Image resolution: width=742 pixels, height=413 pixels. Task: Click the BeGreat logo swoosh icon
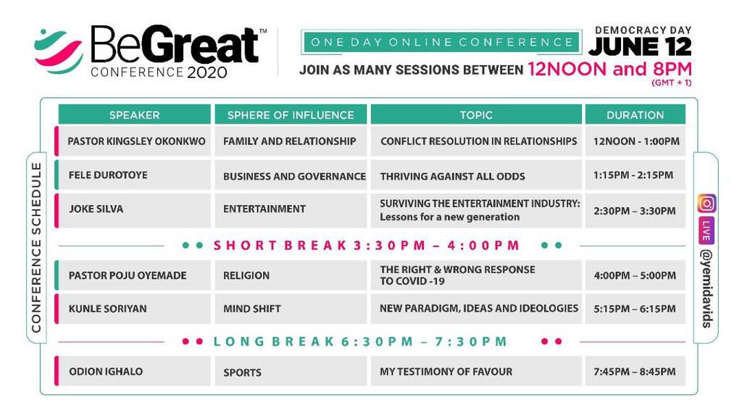(x=58, y=51)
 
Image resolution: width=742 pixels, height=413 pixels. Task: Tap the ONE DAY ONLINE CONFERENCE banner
(x=440, y=43)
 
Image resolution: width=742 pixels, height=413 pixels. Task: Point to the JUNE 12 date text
(x=640, y=46)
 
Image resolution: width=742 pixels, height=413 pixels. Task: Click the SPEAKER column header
(x=134, y=114)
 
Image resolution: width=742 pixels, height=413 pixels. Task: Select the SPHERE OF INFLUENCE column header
(x=291, y=114)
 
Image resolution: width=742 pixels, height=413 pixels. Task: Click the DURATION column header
(x=635, y=114)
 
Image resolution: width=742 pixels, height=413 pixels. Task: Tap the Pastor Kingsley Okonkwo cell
(x=136, y=141)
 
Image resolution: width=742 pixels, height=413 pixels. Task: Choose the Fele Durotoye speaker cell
(x=136, y=175)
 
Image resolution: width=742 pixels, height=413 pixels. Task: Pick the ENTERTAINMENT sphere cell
(x=291, y=209)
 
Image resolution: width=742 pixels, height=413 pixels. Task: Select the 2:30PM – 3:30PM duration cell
(x=635, y=211)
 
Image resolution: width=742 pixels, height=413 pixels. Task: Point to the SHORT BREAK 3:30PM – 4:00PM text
(x=367, y=246)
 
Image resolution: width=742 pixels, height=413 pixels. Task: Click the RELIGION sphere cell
(x=291, y=275)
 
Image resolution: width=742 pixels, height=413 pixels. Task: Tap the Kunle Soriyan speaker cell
(x=136, y=309)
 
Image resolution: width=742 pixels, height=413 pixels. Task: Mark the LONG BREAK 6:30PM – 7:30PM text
(x=361, y=341)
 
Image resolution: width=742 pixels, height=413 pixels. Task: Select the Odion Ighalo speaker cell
(x=136, y=371)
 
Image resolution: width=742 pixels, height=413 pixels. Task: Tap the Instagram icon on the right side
(x=706, y=204)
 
